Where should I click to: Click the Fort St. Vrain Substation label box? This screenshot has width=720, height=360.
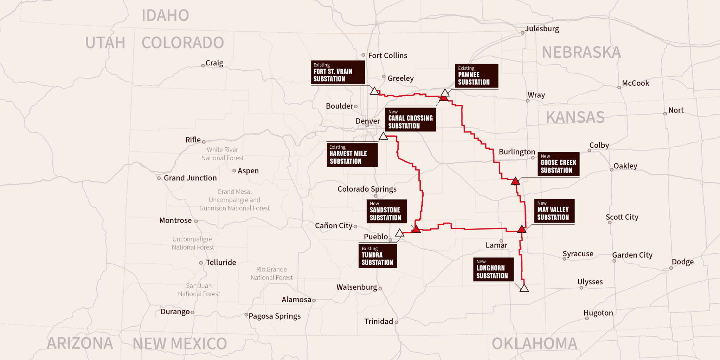338,72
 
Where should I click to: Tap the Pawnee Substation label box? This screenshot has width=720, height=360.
476,76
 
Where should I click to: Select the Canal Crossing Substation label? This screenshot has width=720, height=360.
410,120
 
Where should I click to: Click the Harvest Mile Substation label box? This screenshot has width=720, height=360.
352,155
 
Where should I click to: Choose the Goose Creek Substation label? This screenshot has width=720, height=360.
558,164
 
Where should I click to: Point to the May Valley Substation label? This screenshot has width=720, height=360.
554,211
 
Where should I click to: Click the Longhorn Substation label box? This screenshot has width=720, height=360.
493,270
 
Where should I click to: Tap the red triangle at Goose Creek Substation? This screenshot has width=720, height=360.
515,181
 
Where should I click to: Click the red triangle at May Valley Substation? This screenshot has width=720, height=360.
522,229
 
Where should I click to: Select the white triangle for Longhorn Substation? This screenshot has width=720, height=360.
524,288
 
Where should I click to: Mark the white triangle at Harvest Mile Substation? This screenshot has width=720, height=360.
384,136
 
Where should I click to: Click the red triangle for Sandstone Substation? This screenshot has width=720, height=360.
416,230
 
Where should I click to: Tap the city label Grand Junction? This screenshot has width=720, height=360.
190,178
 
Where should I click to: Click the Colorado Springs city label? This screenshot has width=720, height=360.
367,189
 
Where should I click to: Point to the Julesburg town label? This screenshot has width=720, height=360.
542,29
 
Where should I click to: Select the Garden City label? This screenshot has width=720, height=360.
632,255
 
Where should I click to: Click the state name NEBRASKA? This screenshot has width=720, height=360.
581,53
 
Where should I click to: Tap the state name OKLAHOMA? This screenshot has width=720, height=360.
534,343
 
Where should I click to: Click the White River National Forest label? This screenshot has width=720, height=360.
222,154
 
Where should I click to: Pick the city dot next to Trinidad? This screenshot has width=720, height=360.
397,322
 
